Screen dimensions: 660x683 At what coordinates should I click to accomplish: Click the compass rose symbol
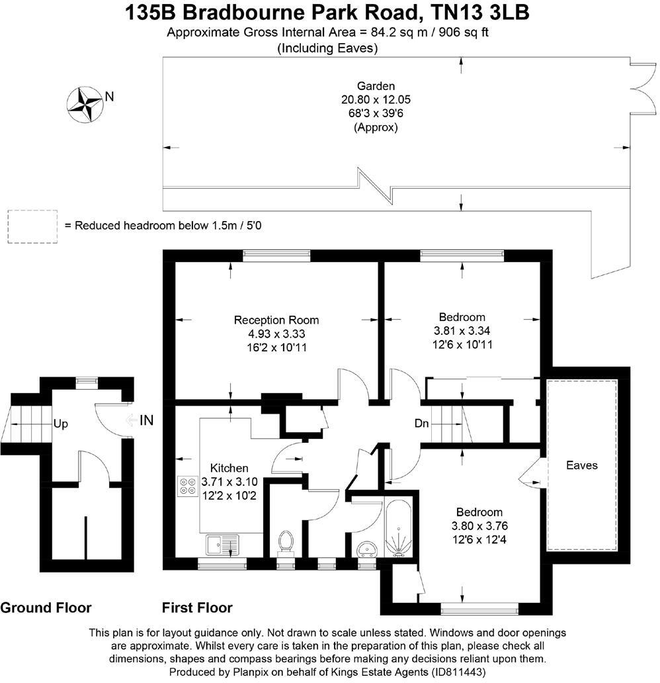click(85, 103)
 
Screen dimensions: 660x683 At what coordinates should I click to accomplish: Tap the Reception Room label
click(276, 320)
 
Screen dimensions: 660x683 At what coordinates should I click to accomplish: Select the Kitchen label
click(229, 468)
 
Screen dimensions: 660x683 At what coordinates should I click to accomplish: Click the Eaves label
click(582, 465)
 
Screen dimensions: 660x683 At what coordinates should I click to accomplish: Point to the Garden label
click(376, 86)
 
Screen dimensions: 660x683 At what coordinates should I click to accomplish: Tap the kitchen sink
click(223, 545)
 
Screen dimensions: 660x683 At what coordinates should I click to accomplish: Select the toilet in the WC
click(286, 541)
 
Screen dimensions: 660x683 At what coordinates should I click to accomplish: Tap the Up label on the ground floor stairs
click(60, 424)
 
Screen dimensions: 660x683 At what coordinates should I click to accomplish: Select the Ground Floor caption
click(46, 608)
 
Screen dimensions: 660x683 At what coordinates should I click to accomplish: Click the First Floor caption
click(197, 608)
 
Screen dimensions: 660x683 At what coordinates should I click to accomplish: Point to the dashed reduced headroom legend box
click(31, 226)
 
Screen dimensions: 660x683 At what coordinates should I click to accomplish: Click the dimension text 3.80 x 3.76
click(479, 526)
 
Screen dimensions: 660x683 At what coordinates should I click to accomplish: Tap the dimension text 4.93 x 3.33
click(276, 334)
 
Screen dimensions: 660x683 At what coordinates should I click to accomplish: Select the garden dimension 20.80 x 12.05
click(376, 100)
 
